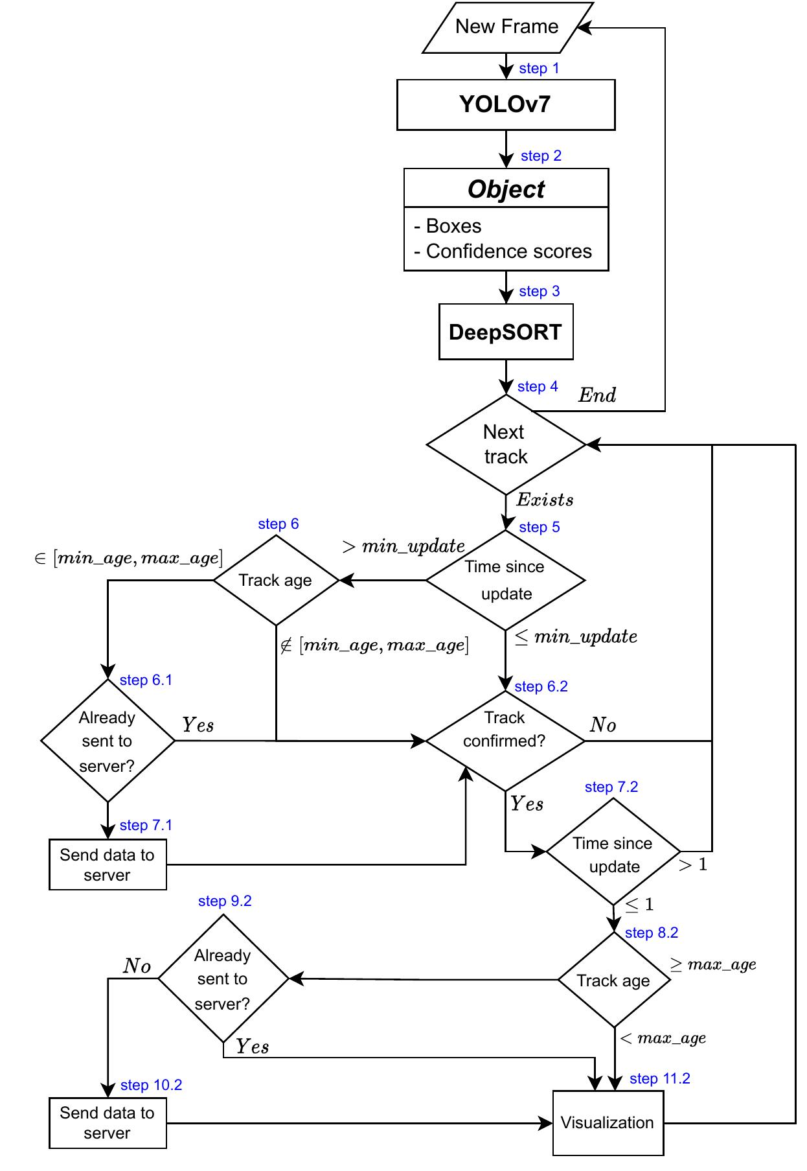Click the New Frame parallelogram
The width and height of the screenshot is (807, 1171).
(x=507, y=27)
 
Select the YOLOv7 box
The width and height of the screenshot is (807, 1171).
(x=505, y=104)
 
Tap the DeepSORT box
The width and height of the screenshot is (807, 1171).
(x=505, y=332)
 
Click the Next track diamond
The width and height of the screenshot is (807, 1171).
(x=506, y=445)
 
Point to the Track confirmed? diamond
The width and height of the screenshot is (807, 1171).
(x=505, y=740)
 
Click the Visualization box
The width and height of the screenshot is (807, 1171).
(x=608, y=1122)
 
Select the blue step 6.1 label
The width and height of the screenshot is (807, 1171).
(x=146, y=680)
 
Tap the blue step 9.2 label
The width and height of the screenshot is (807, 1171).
(x=224, y=901)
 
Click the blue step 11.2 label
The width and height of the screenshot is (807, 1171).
(x=659, y=1078)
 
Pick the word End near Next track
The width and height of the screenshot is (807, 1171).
(x=597, y=395)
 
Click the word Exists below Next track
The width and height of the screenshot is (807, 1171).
(x=545, y=500)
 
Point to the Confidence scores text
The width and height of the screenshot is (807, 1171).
(x=508, y=251)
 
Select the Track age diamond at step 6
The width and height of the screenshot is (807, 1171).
(x=276, y=580)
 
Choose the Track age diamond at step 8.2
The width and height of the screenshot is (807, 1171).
(x=613, y=980)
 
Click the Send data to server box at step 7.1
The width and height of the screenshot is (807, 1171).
(x=108, y=864)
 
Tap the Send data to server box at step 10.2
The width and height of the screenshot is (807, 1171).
(x=108, y=1122)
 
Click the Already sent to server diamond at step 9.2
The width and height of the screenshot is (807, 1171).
(x=223, y=979)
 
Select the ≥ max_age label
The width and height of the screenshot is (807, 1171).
(x=713, y=964)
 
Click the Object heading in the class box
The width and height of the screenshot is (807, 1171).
(x=506, y=189)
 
